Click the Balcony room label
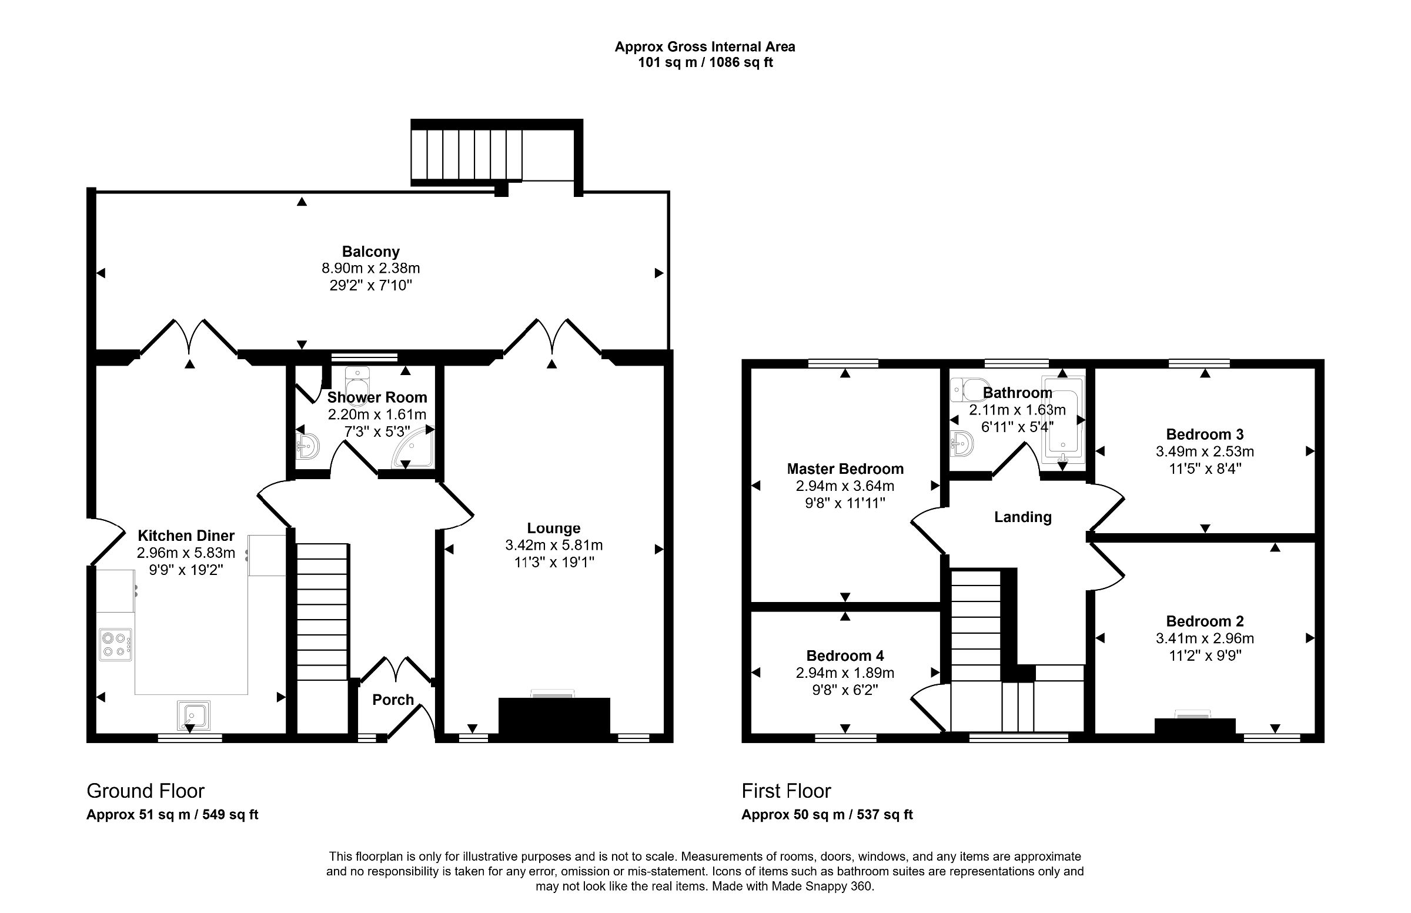point(370,252)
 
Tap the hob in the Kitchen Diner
point(116,644)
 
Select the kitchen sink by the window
point(193,715)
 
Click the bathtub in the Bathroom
point(1062,420)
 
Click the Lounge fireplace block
point(554,716)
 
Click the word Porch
point(393,700)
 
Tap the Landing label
point(1022,517)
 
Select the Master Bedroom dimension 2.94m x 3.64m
point(845,486)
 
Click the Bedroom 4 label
point(845,656)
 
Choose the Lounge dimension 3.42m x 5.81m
point(554,545)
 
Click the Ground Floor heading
point(146,791)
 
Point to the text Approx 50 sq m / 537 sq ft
point(827,815)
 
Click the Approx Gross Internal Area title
point(705,47)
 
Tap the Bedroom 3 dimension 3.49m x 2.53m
point(1205,452)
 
